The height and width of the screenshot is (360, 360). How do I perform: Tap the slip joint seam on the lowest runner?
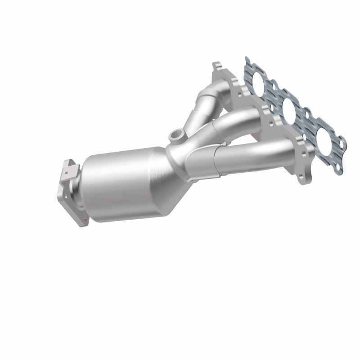tap(217, 160)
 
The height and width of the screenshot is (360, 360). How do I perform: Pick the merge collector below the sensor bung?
tap(182, 155)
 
